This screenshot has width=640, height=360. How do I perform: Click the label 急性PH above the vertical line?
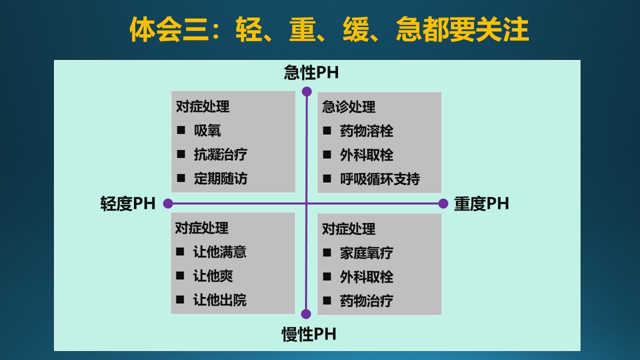[x=311, y=72]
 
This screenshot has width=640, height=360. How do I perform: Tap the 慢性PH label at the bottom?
[x=309, y=334]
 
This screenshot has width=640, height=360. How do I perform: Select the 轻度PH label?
[x=127, y=203]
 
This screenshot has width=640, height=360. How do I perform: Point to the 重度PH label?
[x=481, y=203]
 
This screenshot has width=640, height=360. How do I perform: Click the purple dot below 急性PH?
[x=306, y=91]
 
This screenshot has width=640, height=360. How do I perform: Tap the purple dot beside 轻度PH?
[x=168, y=203]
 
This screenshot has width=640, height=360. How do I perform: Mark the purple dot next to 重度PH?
[x=443, y=203]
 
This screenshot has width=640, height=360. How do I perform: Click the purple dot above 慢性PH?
[x=306, y=314]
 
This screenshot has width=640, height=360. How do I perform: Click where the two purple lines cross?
[x=306, y=203]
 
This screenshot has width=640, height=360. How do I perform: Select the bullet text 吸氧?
[x=207, y=130]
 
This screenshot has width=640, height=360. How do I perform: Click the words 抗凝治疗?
[x=220, y=154]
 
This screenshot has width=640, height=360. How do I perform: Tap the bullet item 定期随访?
[x=220, y=178]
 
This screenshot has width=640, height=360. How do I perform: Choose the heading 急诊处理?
[x=348, y=107]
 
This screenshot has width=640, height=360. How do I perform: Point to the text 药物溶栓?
[x=366, y=131]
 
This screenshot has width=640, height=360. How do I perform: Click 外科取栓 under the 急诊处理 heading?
[x=366, y=155]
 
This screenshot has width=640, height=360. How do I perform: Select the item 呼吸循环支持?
[x=380, y=179]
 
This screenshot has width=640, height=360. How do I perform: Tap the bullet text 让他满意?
[x=219, y=252]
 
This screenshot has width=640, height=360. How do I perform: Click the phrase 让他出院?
[x=219, y=300]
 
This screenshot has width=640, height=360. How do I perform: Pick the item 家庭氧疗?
[x=366, y=253]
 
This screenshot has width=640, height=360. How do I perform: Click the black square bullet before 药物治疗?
[x=327, y=300]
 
